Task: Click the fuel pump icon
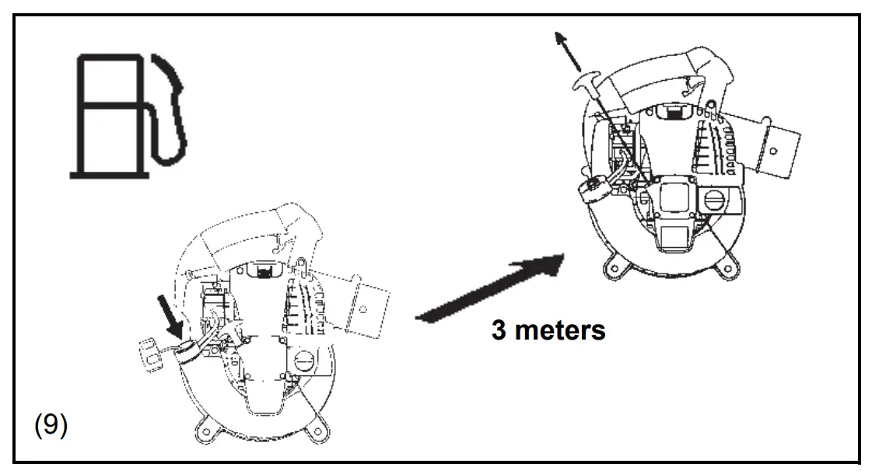pyautogui.click(x=128, y=113)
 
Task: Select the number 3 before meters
pyautogui.click(x=499, y=329)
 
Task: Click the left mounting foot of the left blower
pyautogui.click(x=208, y=427)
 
